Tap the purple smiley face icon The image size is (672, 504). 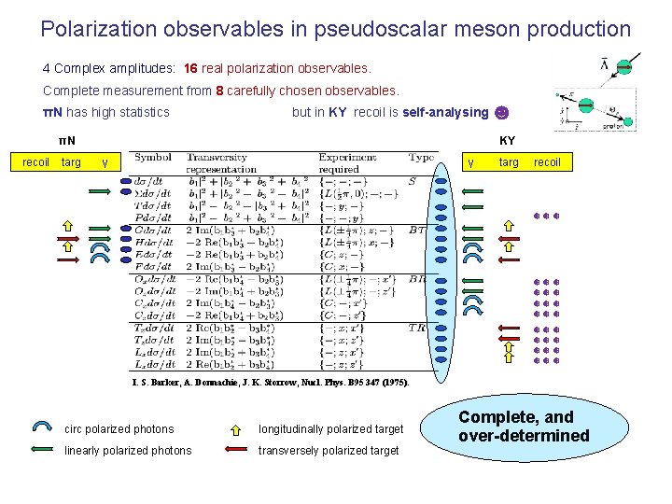(x=502, y=113)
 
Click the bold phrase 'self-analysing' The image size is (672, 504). (x=445, y=113)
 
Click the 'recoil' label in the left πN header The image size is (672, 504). (x=36, y=162)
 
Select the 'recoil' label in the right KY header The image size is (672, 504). (x=547, y=162)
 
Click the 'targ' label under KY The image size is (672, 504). (x=509, y=162)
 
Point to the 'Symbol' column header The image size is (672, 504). (x=152, y=158)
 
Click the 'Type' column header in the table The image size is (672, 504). (x=422, y=158)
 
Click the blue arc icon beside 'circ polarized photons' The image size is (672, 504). (x=42, y=428)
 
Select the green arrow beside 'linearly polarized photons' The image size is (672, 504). (x=42, y=451)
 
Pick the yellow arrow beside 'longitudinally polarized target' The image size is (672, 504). (x=238, y=429)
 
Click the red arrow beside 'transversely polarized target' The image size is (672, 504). (x=237, y=451)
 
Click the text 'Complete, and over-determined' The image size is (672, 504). (x=523, y=427)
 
